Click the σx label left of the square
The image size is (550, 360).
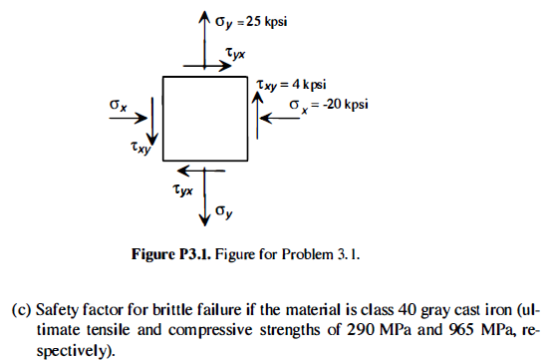pyautogui.click(x=118, y=103)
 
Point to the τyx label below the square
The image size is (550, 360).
pyautogui.click(x=183, y=186)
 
